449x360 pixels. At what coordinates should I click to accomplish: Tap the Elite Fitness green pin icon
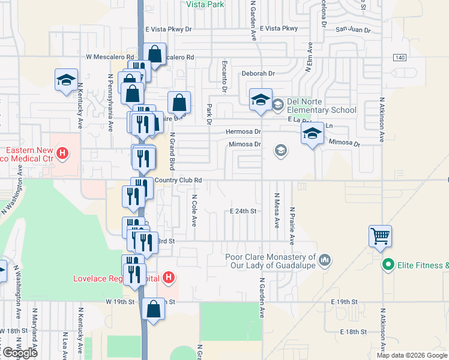coord(388,264)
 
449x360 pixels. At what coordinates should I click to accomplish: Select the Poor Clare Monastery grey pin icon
coord(325,260)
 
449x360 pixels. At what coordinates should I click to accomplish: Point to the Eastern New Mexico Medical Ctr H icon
coord(62,154)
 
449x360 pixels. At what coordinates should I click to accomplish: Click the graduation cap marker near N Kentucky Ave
coord(66,80)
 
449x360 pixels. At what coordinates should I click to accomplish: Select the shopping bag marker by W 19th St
coord(154,310)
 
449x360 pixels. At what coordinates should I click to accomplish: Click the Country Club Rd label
coord(178,180)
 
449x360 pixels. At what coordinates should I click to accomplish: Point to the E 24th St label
coord(243,211)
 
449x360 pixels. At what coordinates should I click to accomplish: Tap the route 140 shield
coord(399,57)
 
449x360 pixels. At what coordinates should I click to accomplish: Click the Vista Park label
coord(205,4)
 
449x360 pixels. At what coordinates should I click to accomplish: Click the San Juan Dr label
coord(353,29)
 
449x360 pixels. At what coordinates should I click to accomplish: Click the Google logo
coord(19,352)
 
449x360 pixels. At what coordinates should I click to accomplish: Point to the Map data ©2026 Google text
coord(411,355)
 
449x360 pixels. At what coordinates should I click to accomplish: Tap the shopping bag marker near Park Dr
coord(179,103)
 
